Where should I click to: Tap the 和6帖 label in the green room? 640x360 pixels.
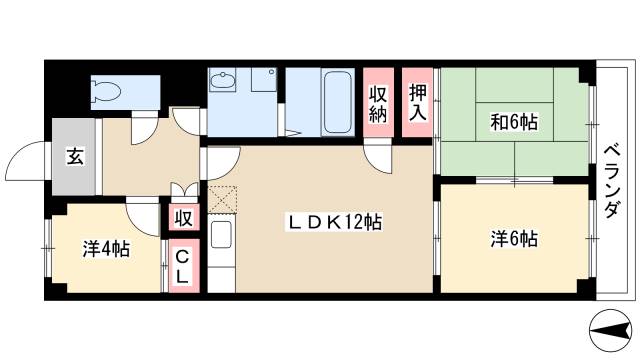click(514, 122)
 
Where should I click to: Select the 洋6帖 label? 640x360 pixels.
click(514, 239)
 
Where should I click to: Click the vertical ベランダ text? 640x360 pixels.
click(612, 179)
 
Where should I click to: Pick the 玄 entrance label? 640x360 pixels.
click(75, 156)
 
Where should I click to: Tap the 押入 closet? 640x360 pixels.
click(418, 99)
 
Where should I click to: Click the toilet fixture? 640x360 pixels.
click(106, 92)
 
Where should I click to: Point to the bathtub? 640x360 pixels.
click(336, 101)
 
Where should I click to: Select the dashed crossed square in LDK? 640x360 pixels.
click(221, 198)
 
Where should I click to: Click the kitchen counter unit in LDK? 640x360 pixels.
click(222, 256)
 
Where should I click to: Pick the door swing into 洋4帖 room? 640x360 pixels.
click(144, 214)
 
